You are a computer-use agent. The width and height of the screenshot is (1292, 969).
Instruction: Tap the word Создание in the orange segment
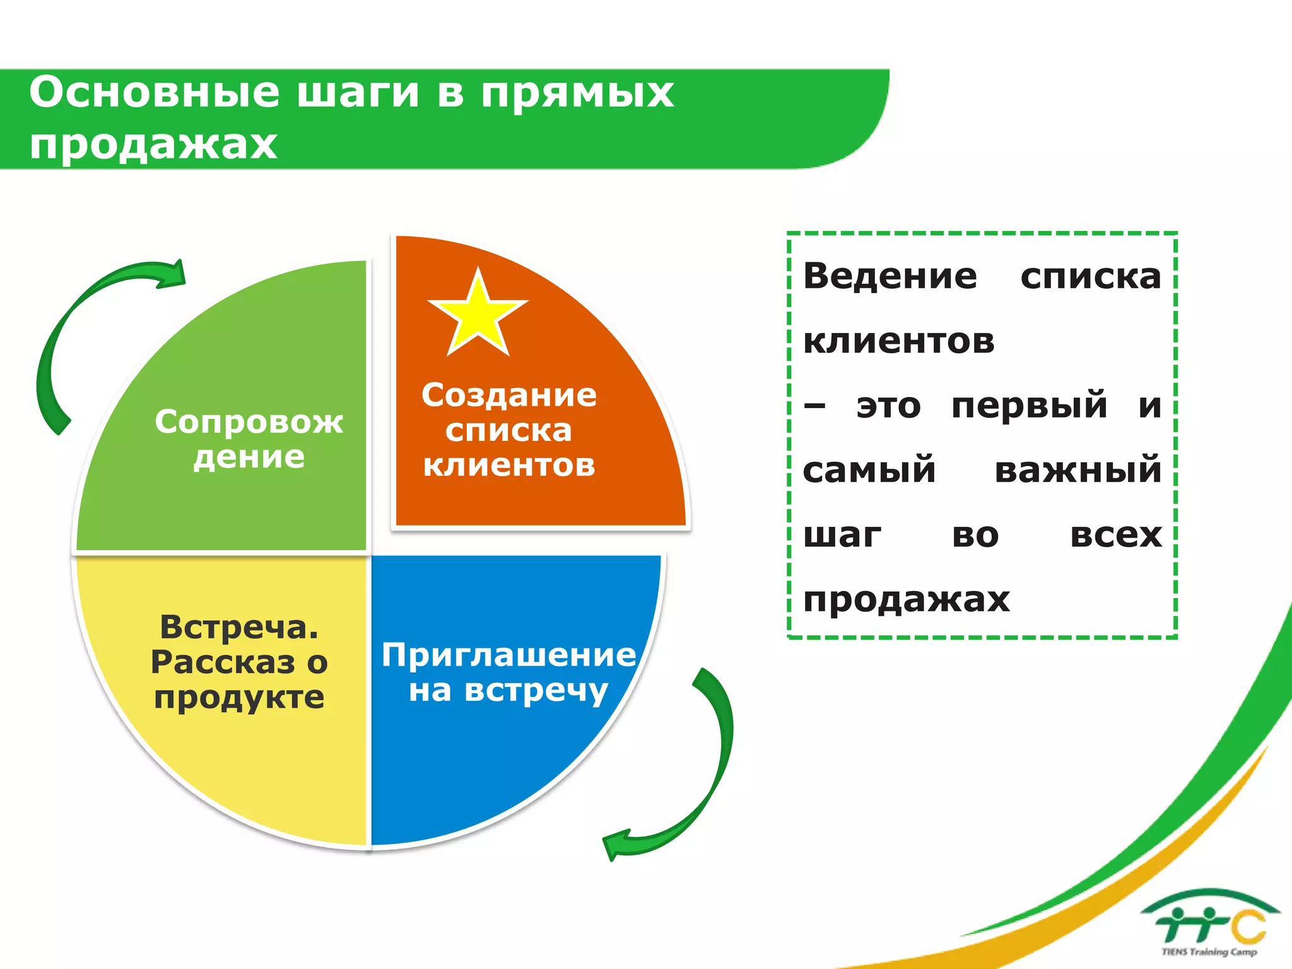508,396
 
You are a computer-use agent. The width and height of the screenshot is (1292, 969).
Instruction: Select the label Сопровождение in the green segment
249,438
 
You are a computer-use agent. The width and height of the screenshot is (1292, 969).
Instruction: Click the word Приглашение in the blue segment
508,655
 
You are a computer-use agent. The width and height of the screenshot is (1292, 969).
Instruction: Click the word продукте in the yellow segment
239,698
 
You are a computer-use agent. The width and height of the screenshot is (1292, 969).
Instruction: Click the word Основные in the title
154,92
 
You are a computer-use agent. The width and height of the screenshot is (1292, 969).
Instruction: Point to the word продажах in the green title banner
153,144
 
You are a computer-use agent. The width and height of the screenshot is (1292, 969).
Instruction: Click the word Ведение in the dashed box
890,276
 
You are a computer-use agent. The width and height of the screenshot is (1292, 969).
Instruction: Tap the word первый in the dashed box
1029,405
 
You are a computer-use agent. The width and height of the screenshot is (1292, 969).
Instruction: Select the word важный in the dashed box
1078,470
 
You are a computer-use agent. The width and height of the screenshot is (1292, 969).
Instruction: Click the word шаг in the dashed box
842,535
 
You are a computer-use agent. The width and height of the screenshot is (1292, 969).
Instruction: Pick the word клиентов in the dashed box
898,341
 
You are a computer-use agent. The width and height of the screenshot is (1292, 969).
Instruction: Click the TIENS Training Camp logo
1209,924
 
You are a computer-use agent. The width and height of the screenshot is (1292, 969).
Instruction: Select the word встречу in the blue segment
536,691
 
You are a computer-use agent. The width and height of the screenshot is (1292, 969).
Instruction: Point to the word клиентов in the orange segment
508,466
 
